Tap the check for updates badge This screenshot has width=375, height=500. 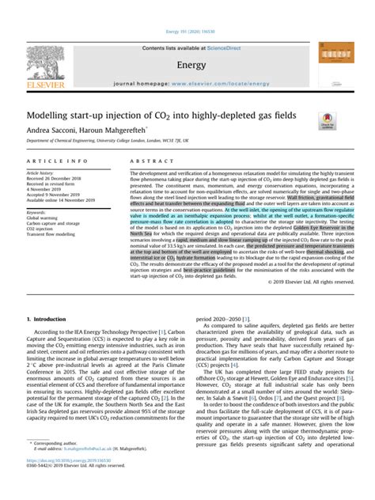coord(327,119)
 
